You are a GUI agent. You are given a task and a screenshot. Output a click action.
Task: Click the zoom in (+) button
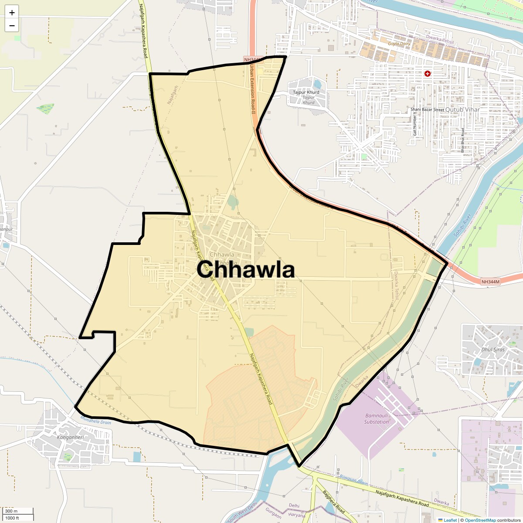[x=12, y=13]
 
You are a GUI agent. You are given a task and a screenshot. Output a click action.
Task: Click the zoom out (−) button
[x=12, y=26]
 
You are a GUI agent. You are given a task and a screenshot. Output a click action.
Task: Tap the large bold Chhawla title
[x=245, y=269]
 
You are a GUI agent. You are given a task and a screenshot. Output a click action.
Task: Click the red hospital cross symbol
[x=428, y=74]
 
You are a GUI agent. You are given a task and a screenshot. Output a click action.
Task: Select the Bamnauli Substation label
[x=377, y=419]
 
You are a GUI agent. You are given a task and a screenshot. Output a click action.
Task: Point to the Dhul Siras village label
[x=493, y=350]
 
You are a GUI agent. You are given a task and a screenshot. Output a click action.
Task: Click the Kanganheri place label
[x=71, y=437]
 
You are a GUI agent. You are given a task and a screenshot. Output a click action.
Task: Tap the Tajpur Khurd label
[x=306, y=92]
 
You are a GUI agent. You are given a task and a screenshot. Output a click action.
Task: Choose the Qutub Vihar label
[x=462, y=110]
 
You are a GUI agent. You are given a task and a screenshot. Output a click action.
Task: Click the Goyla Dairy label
[x=399, y=44]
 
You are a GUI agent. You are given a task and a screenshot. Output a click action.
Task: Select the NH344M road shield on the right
[x=490, y=282]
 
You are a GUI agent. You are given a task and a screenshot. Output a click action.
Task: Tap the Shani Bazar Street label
[x=427, y=110]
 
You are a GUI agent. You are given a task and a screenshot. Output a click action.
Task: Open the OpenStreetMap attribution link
[x=480, y=520]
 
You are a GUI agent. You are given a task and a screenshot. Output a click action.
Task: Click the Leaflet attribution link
[x=450, y=520]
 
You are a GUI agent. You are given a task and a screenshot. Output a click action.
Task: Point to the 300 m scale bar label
[x=11, y=511]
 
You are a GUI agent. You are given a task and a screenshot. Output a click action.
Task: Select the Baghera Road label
[x=334, y=502]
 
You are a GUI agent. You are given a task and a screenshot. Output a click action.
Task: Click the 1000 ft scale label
[x=12, y=518]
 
